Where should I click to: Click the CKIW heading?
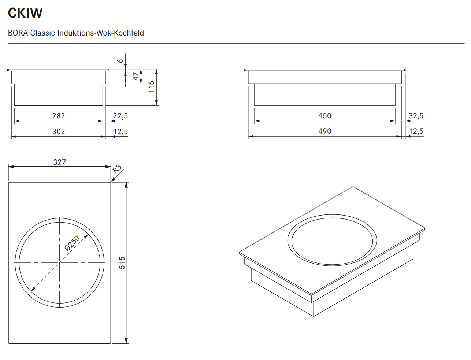tap(25, 13)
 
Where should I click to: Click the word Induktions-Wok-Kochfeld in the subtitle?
tap(101, 33)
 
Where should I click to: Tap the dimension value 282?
tap(59, 116)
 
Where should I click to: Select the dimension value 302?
tap(59, 132)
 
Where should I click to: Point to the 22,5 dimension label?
tap(120, 116)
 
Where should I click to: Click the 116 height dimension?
tap(152, 87)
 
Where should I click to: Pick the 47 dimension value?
tap(136, 76)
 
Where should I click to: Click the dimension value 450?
tap(325, 116)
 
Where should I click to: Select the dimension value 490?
tap(325, 131)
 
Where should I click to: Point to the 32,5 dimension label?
tap(416, 116)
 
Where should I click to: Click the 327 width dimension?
tap(60, 162)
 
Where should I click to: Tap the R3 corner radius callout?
tap(117, 169)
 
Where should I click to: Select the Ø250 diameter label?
tap(72, 243)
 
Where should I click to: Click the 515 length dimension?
tap(122, 262)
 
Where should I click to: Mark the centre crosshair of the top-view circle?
tap(60, 263)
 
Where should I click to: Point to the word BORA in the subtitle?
tap(18, 33)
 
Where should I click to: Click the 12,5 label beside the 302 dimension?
tap(120, 132)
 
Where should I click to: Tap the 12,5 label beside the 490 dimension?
tap(416, 132)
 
